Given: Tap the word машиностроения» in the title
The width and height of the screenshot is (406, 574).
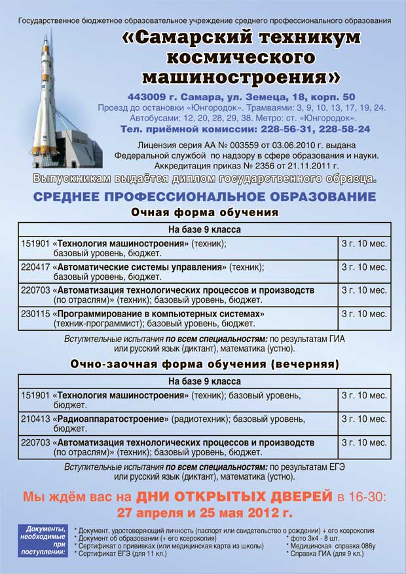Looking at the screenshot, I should click(x=241, y=77).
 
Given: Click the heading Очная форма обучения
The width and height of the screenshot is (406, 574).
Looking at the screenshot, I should click(x=204, y=213).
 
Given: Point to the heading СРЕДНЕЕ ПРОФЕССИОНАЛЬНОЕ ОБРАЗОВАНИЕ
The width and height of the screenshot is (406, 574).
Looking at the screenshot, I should click(x=204, y=197).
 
